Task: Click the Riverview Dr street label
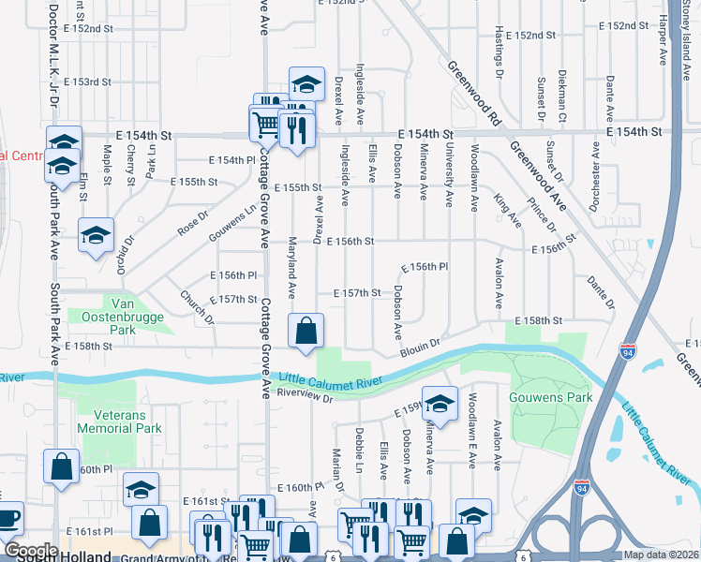pyautogui.click(x=306, y=396)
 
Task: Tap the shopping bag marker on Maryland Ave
pyautogui.click(x=306, y=332)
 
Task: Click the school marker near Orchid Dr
pyautogui.click(x=95, y=237)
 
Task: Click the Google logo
pyautogui.click(x=30, y=551)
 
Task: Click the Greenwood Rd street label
pyautogui.click(x=471, y=93)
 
